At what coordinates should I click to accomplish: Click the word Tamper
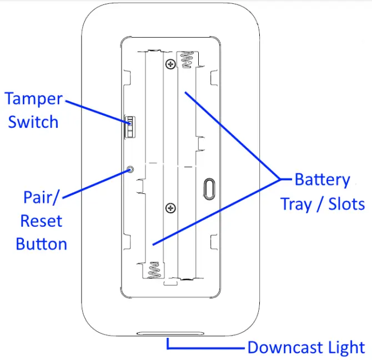(33, 99)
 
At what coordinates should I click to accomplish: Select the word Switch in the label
(33, 122)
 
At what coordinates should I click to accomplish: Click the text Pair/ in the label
(42, 197)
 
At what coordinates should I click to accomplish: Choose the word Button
(41, 244)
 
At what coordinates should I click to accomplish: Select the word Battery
(322, 180)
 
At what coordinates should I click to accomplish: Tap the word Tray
(300, 203)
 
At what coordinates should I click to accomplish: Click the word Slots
(345, 203)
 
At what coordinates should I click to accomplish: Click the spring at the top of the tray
(184, 58)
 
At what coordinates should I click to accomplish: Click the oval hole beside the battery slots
(209, 188)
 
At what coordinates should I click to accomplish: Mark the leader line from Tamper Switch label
(94, 112)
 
